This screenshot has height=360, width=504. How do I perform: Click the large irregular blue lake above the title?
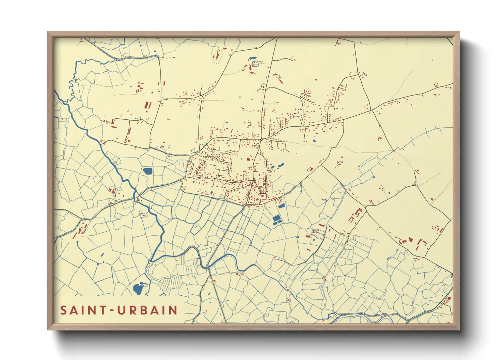point(139,289)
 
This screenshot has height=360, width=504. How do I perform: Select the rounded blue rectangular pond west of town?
point(148,171)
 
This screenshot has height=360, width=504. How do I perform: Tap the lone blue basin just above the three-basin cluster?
point(281,206)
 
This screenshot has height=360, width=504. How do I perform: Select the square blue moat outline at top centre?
point(255,63)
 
